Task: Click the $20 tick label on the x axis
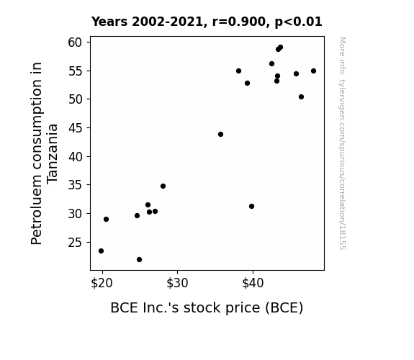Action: pos(102,283)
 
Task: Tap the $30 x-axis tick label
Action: pos(177,283)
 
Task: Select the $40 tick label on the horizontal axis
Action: pos(253,283)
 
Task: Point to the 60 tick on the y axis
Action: pos(76,42)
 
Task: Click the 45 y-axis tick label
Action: pos(76,128)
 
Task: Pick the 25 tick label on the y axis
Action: pos(76,243)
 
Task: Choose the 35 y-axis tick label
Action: pos(76,185)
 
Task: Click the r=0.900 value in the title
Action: pos(239,22)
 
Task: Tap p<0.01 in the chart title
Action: pos(298,22)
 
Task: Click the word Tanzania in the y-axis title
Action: pos(52,153)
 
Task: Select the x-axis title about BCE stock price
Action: pos(207,307)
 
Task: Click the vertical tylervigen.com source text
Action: pos(342,143)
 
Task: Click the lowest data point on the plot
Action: pos(139,260)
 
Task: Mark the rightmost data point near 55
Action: pos(313,71)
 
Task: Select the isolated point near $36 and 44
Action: pos(220,134)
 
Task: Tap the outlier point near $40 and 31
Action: pos(251,206)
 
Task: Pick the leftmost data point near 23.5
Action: pos(101,251)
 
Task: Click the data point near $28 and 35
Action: pos(163,186)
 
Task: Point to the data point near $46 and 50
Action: pos(301,96)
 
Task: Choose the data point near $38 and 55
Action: pos(238,71)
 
